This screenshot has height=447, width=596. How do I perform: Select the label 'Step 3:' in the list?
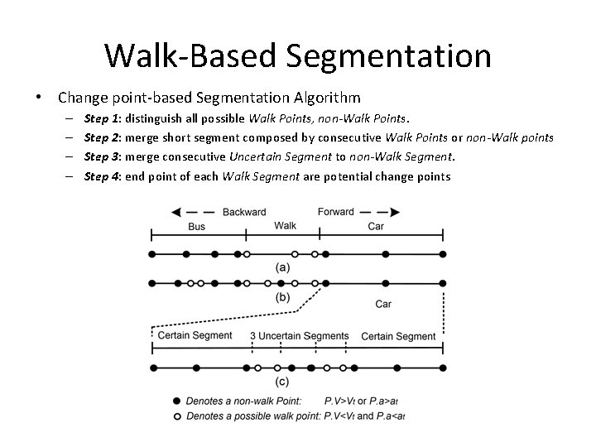pos(103,157)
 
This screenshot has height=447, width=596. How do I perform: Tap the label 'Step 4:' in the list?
pos(103,175)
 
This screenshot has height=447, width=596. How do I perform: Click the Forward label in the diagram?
pos(336,212)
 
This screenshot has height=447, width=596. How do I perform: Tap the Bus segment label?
pos(196,226)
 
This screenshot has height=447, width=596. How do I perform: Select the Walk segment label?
pos(285,225)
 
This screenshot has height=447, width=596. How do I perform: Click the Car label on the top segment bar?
pos(375,226)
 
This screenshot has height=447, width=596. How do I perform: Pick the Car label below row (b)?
pos(383,304)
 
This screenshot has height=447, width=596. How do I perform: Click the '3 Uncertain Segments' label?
pos(299,336)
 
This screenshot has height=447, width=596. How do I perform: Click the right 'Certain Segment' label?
pos(398,336)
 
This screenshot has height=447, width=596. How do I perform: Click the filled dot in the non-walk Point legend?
pos(176,401)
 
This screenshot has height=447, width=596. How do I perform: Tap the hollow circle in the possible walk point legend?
pos(176,415)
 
